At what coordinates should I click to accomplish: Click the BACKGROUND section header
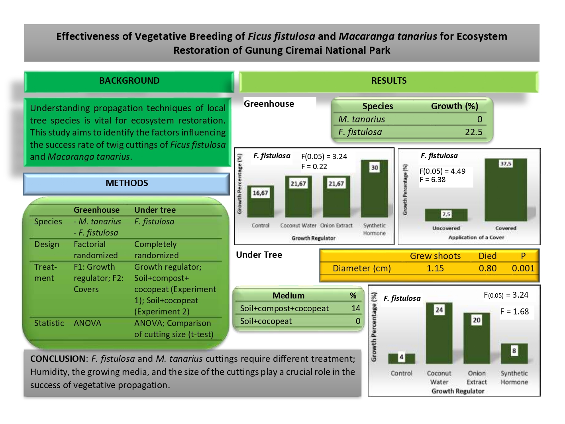coord(129,81)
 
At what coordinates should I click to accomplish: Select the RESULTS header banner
coord(388,81)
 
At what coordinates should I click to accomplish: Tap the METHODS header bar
coord(127,183)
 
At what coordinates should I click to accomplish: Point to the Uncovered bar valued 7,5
coord(446,215)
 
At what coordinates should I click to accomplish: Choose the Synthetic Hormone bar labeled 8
coord(514,353)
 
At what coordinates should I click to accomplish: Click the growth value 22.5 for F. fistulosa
coord(473,132)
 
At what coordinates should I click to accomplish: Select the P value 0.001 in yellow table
coord(523,269)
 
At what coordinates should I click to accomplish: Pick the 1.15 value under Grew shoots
coord(435,269)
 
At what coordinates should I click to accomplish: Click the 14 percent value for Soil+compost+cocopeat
coord(355,308)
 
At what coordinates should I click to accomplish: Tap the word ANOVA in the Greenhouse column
coord(87,323)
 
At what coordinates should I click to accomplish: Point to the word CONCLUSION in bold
coord(57,359)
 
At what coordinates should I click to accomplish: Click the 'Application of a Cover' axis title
coord(476,238)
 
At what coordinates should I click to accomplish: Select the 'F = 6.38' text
coord(432,180)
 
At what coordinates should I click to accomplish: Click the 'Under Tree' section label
coord(259,255)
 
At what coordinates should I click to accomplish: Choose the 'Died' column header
coord(487,256)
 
